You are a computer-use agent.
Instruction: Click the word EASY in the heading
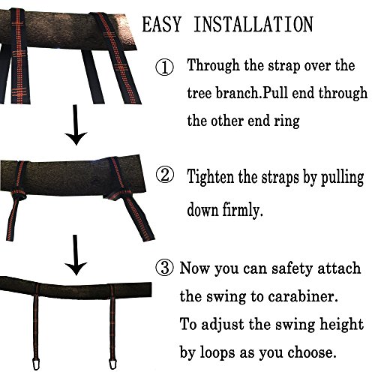pyautogui.click(x=161, y=24)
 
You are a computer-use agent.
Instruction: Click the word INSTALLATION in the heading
pyautogui.click(x=253, y=24)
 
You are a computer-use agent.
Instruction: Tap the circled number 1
pyautogui.click(x=164, y=67)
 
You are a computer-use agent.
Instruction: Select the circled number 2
pyautogui.click(x=164, y=175)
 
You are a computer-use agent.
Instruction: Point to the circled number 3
pyautogui.click(x=164, y=268)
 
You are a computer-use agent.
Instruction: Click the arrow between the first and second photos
pyautogui.click(x=76, y=125)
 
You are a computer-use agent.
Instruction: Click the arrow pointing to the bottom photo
pyautogui.click(x=76, y=255)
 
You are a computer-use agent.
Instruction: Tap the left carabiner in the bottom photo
pyautogui.click(x=36, y=364)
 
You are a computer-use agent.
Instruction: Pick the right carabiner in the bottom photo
pyautogui.click(x=113, y=364)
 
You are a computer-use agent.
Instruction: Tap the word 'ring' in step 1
pyautogui.click(x=286, y=121)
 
